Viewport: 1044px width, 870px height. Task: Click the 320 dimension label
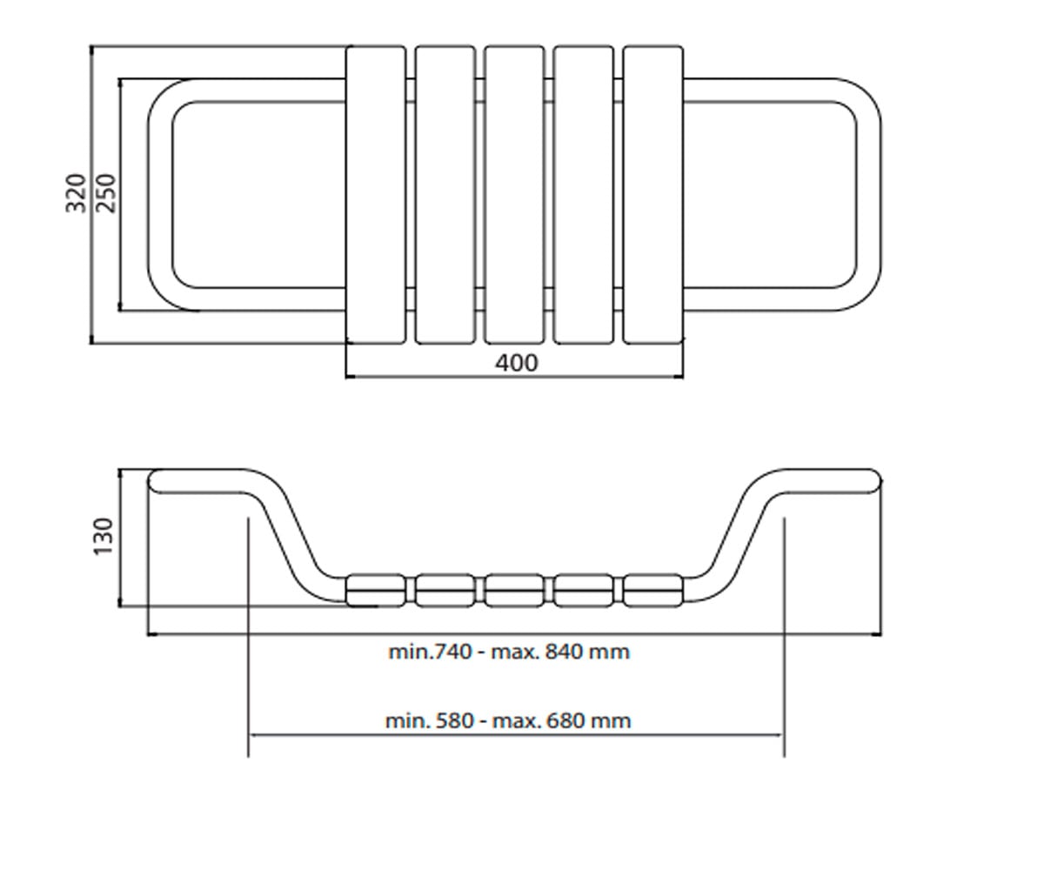pos(76,193)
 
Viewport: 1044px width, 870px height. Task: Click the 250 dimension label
pos(105,193)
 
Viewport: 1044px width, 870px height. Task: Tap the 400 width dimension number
pos(517,363)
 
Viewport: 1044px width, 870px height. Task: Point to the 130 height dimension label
pos(104,537)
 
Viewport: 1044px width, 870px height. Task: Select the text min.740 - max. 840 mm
pos(509,652)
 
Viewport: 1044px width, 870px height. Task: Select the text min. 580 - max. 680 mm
pos(508,720)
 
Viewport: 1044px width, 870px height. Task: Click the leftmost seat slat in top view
pos(376,195)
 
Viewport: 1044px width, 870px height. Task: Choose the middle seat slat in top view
pos(514,195)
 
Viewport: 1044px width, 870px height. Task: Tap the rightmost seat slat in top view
pos(653,195)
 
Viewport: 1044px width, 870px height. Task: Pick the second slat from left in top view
pos(445,195)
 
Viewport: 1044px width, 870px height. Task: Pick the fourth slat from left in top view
pos(584,195)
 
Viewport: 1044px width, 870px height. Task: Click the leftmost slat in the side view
pos(376,591)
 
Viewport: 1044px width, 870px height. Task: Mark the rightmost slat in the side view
pos(653,591)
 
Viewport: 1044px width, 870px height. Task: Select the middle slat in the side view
pos(514,591)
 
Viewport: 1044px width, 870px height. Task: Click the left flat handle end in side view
pos(197,481)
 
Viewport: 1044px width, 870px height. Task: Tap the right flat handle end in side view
pos(831,481)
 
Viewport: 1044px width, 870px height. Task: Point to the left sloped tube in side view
pos(290,535)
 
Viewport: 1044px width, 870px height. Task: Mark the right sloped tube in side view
pos(739,535)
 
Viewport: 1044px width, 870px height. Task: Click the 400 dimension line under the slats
pos(514,377)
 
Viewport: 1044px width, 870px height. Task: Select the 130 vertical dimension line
pos(120,538)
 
